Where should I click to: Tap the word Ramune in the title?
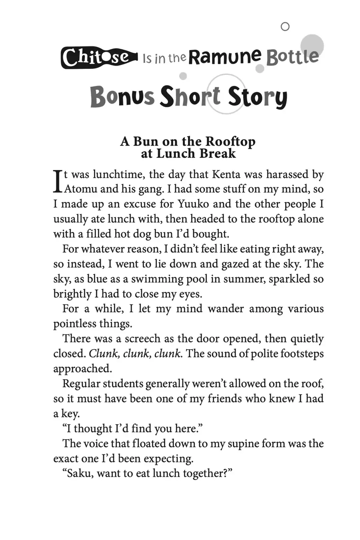pyautogui.click(x=225, y=57)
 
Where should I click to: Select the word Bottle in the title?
pyautogui.click(x=292, y=57)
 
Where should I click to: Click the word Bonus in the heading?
pyautogui.click(x=122, y=97)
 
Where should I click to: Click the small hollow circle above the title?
pyautogui.click(x=285, y=27)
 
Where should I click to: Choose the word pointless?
pyautogui.click(x=74, y=324)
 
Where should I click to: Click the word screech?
pyautogui.click(x=143, y=339)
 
